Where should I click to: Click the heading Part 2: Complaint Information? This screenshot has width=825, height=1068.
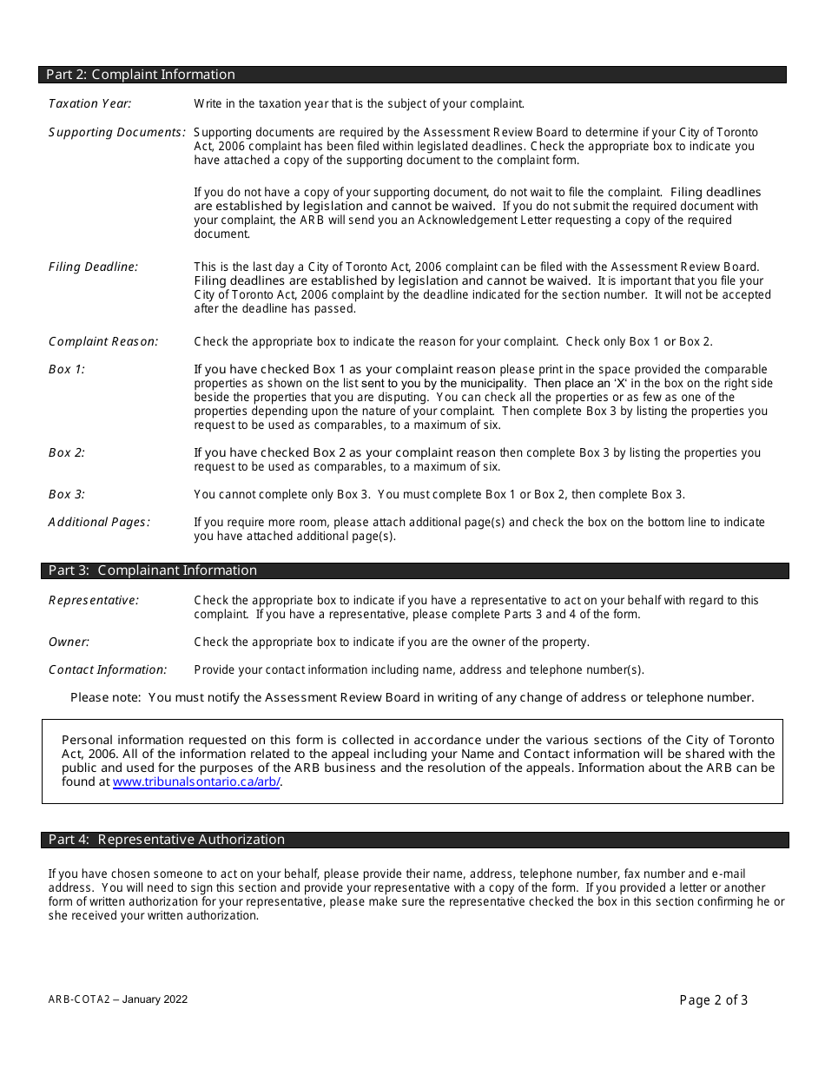point(141,75)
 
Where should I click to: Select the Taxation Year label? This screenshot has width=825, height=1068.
point(89,103)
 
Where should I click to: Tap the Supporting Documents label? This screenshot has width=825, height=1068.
point(116,132)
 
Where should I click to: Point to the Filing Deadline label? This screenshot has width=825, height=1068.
point(93,267)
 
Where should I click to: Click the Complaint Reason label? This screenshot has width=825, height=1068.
point(103,341)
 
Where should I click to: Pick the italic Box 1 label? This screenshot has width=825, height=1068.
point(67,369)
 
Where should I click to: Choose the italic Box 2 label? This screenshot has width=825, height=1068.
point(67,452)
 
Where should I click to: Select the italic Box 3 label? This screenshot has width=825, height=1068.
point(67,494)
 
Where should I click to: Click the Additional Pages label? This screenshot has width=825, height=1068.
point(99,522)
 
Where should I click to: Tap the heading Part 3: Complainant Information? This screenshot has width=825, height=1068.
point(153,570)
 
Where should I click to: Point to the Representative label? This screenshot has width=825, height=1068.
point(93,600)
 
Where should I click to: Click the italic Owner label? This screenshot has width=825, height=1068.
point(69,642)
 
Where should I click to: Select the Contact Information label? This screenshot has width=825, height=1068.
point(108,669)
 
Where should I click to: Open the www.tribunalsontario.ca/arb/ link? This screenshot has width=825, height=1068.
point(196,781)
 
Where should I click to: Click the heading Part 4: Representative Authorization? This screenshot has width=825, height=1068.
point(167,840)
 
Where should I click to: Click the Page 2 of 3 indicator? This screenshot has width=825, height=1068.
point(713,1000)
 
